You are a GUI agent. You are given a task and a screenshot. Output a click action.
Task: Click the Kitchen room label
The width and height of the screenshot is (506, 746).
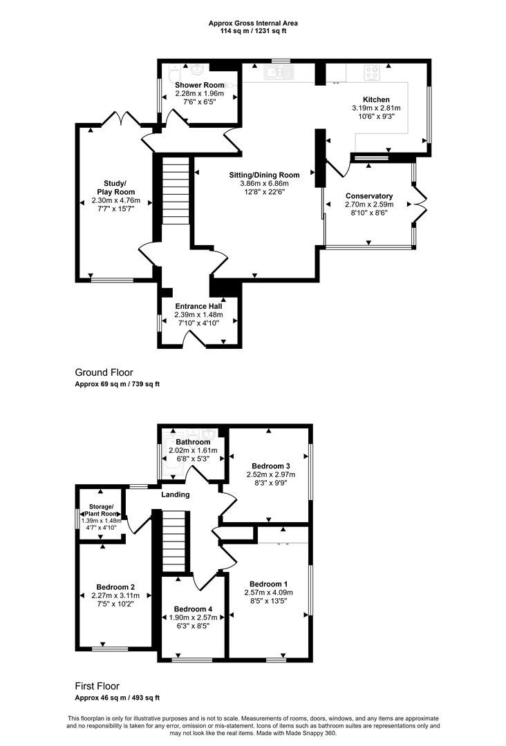click(x=376, y=99)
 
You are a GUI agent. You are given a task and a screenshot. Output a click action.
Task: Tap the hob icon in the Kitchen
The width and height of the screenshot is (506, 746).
click(x=372, y=73)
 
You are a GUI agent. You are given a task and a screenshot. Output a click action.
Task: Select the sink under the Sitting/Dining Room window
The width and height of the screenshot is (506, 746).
click(x=279, y=73)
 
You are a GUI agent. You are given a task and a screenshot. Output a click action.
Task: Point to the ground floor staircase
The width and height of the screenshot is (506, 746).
click(x=176, y=191)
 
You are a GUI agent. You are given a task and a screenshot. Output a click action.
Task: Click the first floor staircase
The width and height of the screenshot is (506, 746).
click(x=174, y=542)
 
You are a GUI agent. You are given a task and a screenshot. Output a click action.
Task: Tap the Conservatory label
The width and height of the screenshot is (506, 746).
click(x=369, y=196)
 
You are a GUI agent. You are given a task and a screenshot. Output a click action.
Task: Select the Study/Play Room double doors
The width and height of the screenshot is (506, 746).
click(x=121, y=117)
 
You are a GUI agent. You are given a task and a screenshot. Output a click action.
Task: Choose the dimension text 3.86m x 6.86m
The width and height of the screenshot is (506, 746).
click(x=265, y=183)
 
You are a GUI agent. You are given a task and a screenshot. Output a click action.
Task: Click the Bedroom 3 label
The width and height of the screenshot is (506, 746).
click(x=271, y=466)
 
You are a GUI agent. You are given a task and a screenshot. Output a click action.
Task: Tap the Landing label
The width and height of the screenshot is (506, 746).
click(x=176, y=495)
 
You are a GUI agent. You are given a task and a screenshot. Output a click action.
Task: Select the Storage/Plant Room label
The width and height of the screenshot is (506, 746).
click(x=100, y=510)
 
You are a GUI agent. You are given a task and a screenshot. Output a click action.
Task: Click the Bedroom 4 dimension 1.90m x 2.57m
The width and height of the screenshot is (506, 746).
click(x=194, y=618)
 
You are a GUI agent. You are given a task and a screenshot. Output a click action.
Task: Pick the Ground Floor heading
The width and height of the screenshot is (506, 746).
click(x=104, y=372)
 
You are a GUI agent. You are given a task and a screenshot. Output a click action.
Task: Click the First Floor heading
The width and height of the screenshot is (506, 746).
click(x=97, y=686)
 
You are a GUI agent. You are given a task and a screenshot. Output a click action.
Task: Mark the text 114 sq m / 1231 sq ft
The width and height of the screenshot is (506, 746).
click(x=253, y=31)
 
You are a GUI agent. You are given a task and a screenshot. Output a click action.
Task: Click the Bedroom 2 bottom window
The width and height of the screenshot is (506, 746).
click(x=110, y=649)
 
